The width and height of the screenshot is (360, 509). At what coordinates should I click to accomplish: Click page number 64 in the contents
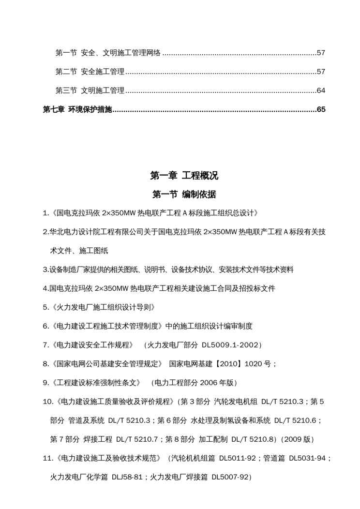(321, 90)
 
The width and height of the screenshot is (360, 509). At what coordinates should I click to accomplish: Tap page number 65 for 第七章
(321, 110)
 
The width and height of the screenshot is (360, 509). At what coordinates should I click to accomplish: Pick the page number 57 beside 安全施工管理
(321, 72)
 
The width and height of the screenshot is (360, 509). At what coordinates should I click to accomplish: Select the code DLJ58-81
(125, 477)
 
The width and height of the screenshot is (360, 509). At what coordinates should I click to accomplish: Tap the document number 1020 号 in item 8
(260, 364)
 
